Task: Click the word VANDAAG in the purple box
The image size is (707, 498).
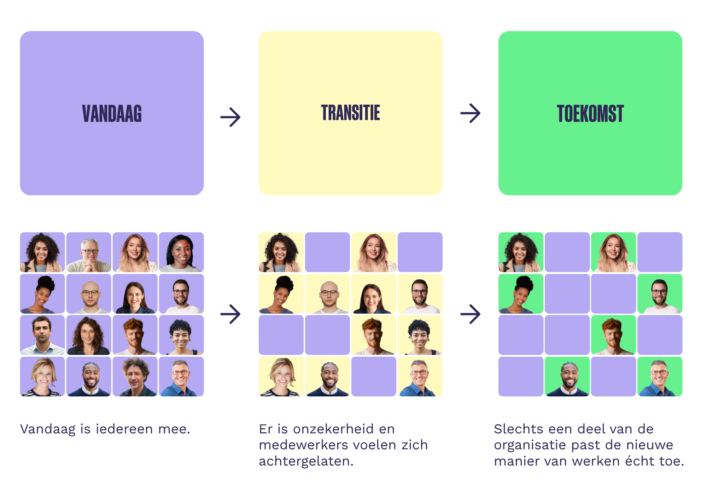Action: tap(112, 114)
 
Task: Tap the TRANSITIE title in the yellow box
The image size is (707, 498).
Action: tap(350, 113)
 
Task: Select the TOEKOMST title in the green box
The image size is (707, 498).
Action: tap(590, 114)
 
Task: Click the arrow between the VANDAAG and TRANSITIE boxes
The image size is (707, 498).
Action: tap(230, 117)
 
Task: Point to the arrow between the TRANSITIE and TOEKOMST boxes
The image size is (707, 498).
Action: tap(470, 113)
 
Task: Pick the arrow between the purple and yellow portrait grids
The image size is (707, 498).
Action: tap(230, 314)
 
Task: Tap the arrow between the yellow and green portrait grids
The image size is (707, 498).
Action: tap(470, 314)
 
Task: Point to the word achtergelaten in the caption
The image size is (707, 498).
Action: tap(306, 461)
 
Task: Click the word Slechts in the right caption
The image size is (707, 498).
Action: tap(518, 429)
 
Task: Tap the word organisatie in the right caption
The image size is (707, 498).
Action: tap(530, 445)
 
